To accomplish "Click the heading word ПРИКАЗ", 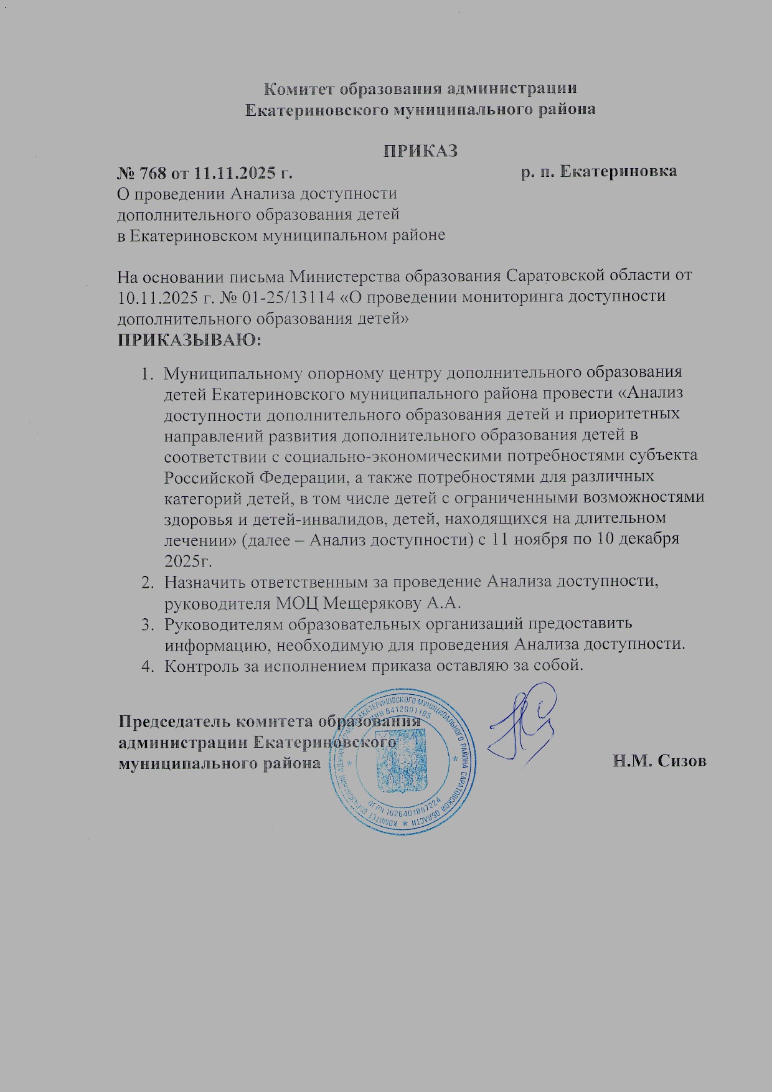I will [420, 151].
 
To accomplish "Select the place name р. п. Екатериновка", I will [599, 172].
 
